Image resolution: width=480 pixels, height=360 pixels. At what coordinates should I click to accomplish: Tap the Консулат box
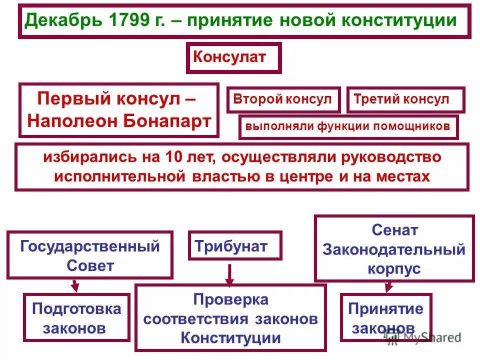(233, 57)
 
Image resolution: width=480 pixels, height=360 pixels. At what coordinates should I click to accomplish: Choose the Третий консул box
(405, 99)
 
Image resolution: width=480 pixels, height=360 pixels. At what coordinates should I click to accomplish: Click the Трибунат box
(234, 245)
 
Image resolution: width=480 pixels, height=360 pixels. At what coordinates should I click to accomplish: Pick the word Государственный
(90, 246)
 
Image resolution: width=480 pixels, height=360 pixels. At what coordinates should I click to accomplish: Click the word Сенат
(394, 230)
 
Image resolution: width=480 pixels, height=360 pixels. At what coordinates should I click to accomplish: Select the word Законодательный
(394, 249)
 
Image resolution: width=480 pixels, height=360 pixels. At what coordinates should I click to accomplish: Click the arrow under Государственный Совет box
(75, 285)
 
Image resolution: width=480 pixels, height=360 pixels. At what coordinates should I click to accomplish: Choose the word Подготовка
(76, 309)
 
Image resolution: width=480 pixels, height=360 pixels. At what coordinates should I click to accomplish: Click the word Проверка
(230, 299)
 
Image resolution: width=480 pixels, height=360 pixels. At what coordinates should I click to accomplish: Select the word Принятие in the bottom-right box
(385, 309)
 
